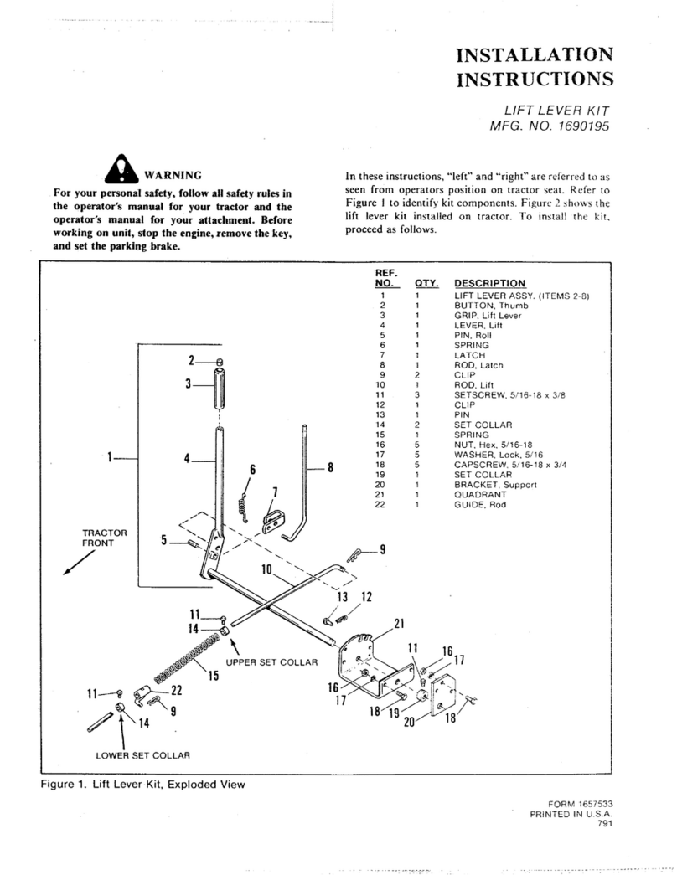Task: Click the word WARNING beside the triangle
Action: [173, 176]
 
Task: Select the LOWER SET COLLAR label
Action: [142, 755]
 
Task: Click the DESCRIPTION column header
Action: [489, 284]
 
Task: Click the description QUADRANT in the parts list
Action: [478, 494]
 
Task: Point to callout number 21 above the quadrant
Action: [399, 622]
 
